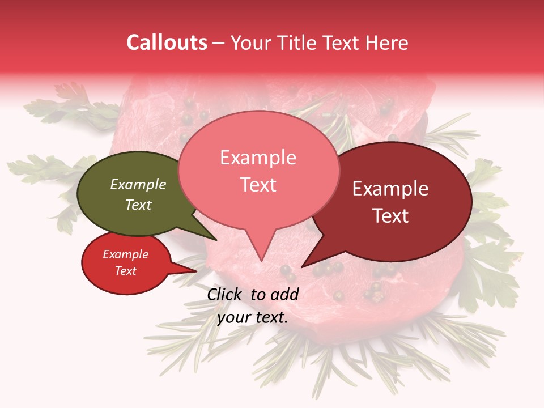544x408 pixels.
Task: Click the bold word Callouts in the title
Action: [167, 42]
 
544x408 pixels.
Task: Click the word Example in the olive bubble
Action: [138, 184]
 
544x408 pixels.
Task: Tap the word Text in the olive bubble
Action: [138, 205]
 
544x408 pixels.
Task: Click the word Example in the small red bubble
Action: [126, 254]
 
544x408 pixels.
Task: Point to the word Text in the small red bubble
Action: [126, 271]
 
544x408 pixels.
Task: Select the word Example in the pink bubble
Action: [258, 158]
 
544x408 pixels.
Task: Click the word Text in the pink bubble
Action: [258, 185]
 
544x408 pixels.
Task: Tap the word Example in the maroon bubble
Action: [390, 189]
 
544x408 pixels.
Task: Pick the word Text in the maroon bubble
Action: [390, 216]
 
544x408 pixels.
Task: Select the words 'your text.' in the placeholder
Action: [253, 317]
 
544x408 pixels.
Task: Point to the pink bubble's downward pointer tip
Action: [261, 260]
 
